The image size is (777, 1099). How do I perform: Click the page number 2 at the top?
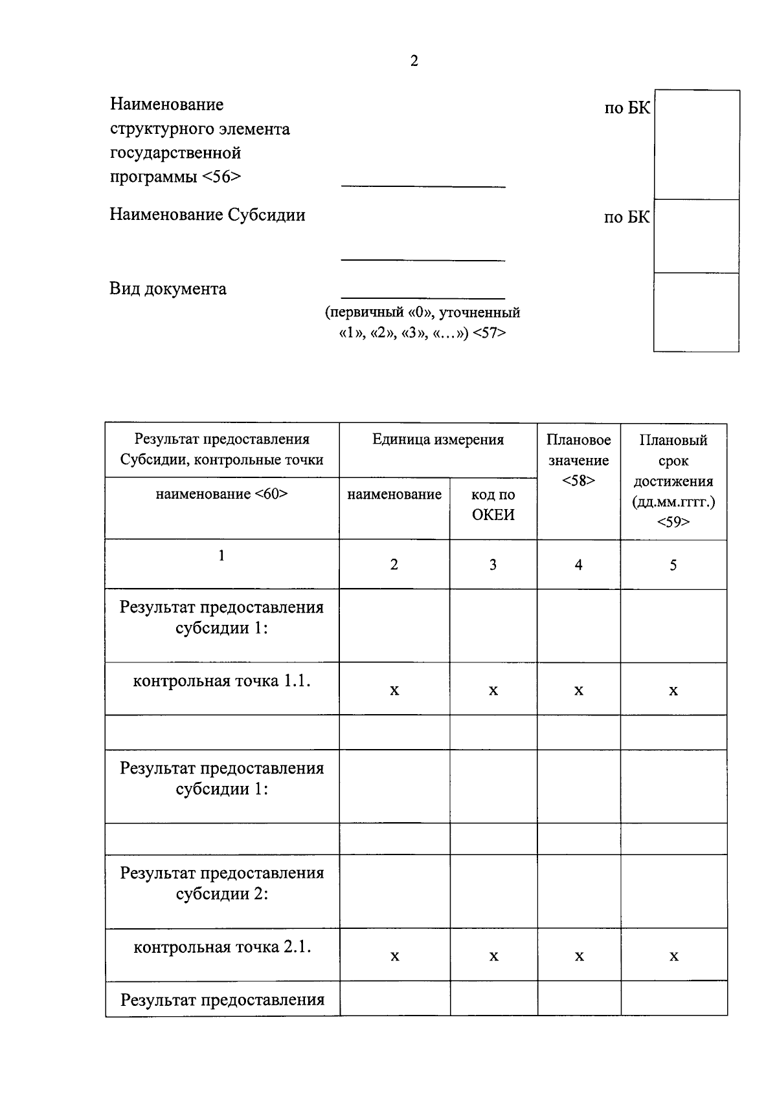click(x=414, y=61)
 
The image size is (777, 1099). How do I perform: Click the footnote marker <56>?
click(x=221, y=177)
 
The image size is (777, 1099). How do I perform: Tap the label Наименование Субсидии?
click(x=207, y=215)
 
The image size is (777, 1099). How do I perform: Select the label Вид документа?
click(x=168, y=288)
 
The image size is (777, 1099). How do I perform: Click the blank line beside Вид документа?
click(x=422, y=297)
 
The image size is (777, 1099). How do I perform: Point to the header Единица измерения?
click(x=438, y=440)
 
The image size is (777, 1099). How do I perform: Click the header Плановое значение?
click(x=578, y=450)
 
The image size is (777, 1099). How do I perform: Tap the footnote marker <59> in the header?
click(x=673, y=522)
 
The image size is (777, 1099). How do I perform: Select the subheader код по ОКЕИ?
click(x=493, y=505)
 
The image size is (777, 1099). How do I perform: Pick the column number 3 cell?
click(x=493, y=565)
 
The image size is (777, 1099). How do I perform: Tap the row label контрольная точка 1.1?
click(x=221, y=681)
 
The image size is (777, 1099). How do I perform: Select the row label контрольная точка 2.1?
click(x=222, y=947)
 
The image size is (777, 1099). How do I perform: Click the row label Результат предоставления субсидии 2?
click(x=221, y=884)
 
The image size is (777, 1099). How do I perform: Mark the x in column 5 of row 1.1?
click(x=673, y=691)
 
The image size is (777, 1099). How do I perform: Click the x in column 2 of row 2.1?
click(x=394, y=957)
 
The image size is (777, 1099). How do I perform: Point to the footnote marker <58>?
click(x=578, y=481)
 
